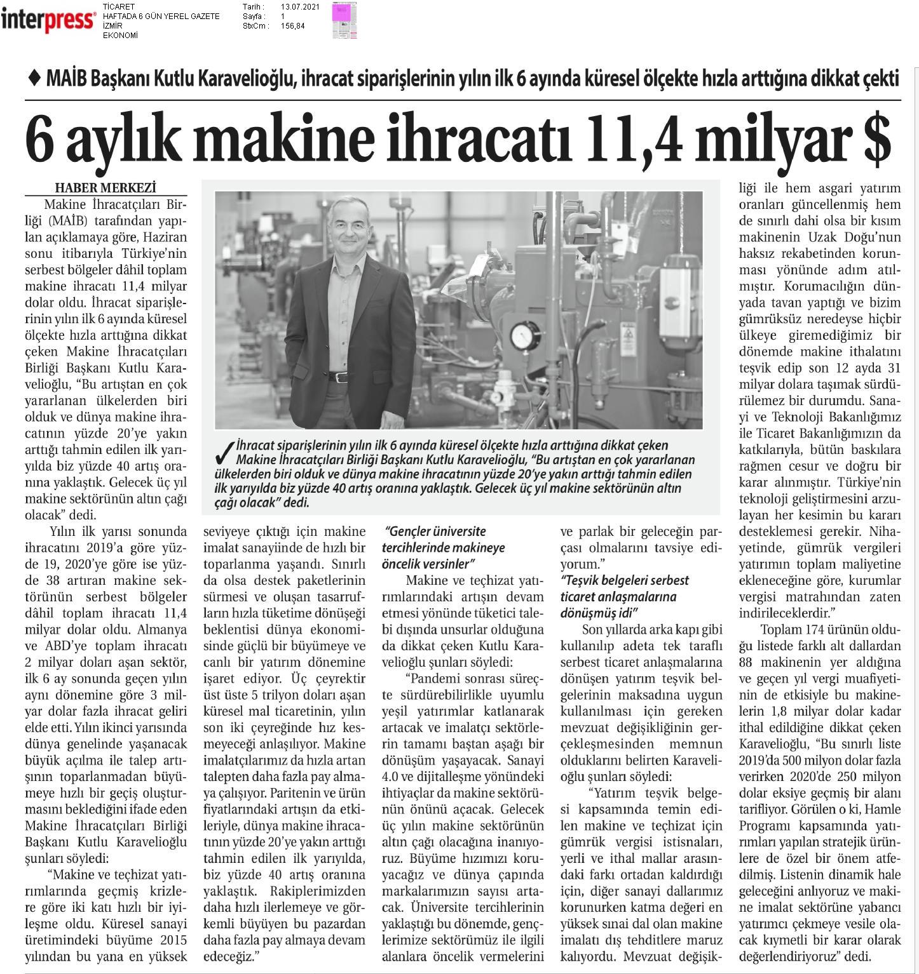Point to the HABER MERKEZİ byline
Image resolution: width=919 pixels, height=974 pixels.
[x=106, y=188]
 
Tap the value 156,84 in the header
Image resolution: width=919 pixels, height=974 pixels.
[x=292, y=26]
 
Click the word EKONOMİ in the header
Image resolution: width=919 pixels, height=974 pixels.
[x=120, y=35]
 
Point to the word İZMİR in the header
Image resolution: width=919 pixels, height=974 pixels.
[x=112, y=26]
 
